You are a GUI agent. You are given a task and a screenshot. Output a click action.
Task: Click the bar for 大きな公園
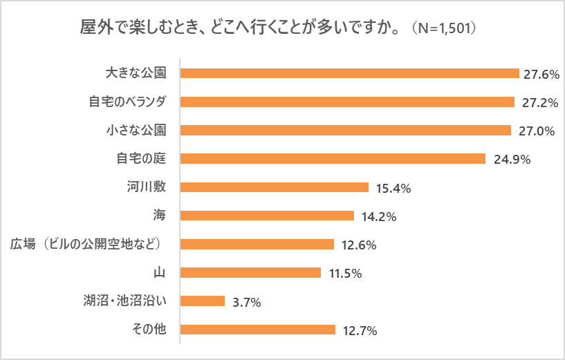(x=349, y=73)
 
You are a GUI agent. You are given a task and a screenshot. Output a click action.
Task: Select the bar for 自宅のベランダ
(x=347, y=102)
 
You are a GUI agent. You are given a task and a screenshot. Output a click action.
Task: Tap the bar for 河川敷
(x=274, y=187)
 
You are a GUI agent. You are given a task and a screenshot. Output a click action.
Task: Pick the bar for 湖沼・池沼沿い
(x=203, y=301)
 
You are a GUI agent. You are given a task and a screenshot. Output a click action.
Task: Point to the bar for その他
(x=257, y=330)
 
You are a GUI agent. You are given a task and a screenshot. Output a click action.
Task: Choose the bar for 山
(x=250, y=272)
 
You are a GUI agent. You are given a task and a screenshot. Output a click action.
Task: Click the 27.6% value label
(x=541, y=74)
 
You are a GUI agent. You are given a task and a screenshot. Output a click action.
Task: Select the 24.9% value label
(x=512, y=160)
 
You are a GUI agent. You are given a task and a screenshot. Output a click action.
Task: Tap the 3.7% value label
(x=246, y=301)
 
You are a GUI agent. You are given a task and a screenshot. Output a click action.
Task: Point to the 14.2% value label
(x=378, y=216)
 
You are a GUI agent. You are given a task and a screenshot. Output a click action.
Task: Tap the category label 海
(x=160, y=215)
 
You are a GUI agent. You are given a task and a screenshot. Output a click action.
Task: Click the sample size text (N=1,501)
(x=444, y=30)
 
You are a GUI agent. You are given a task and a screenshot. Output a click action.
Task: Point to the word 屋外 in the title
(x=95, y=30)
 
